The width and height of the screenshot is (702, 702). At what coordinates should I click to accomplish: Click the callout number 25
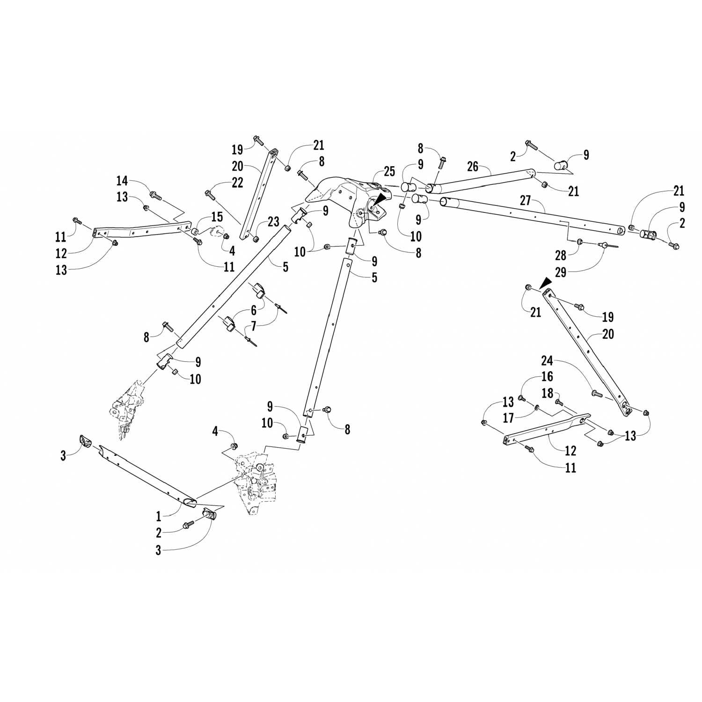click(390, 172)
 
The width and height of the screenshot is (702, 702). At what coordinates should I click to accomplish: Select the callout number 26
click(473, 166)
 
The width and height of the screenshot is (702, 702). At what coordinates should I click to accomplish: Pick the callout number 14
click(122, 181)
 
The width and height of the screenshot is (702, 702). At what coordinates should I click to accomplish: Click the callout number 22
click(237, 183)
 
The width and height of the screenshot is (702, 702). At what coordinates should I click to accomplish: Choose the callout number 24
click(547, 361)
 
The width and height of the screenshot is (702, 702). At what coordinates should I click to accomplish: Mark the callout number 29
click(560, 272)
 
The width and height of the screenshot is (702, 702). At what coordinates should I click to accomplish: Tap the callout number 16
click(547, 377)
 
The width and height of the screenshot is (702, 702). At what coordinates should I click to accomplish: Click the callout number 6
click(254, 310)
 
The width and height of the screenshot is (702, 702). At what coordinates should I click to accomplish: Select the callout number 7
click(254, 325)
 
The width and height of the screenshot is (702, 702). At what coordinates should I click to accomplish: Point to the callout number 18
click(547, 393)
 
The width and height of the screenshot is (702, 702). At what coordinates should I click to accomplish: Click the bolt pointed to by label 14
click(156, 195)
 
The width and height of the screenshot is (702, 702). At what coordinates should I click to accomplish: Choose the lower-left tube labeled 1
click(147, 475)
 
